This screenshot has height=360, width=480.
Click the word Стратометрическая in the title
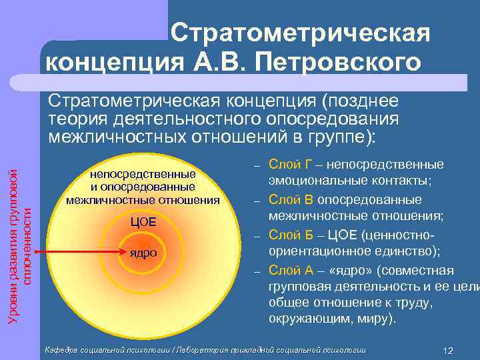(x=299, y=33)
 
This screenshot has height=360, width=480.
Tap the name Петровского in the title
(x=344, y=63)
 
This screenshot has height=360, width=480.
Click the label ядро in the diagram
(x=143, y=253)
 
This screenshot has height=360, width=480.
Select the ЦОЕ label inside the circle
(x=143, y=221)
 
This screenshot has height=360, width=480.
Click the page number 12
(x=448, y=351)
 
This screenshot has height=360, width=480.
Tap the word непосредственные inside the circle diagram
(x=143, y=175)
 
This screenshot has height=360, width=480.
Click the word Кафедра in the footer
(x=63, y=349)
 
